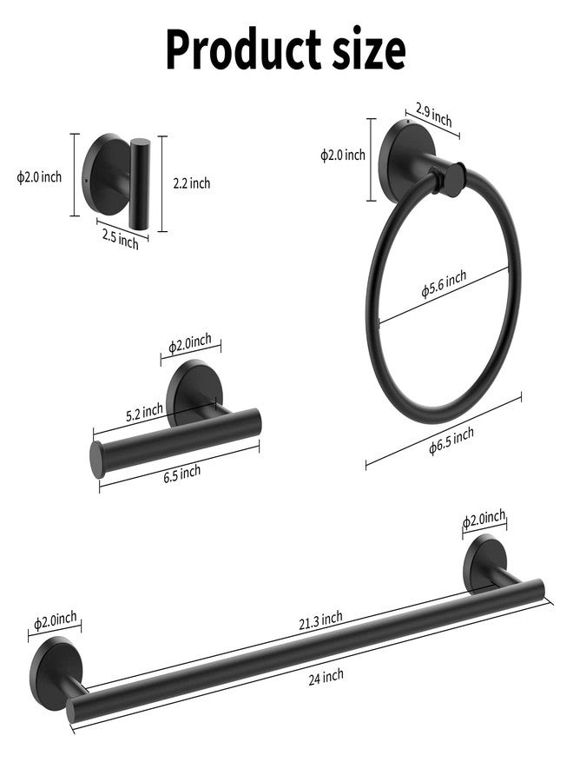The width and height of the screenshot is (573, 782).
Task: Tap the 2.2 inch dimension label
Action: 192,183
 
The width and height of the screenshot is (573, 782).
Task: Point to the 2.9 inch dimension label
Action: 433,116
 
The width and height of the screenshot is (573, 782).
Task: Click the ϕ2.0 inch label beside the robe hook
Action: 39,177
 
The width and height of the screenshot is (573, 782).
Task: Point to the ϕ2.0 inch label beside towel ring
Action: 343,156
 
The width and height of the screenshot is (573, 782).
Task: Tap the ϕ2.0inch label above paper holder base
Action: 190,343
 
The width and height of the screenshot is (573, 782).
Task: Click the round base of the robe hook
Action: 101,173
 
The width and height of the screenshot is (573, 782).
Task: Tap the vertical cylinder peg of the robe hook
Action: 138,183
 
